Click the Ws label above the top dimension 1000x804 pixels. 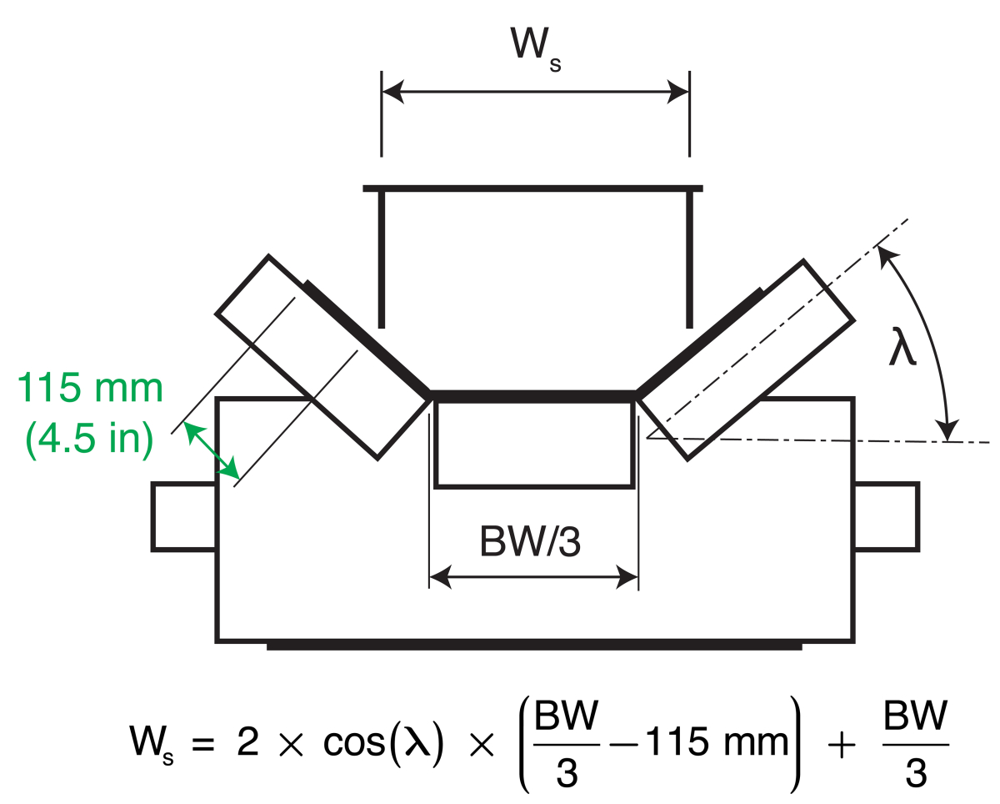pos(534,48)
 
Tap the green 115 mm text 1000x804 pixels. pos(90,389)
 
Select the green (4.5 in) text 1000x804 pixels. pos(90,440)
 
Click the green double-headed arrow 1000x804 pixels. pos(210,450)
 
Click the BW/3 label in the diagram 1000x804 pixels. pos(531,542)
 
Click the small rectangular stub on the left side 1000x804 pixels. pos(184,516)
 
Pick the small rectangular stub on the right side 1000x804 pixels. pos(887,516)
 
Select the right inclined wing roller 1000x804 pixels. pos(746,359)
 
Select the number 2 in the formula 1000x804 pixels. pos(248,741)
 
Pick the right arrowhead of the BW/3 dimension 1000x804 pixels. pos(627,575)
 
